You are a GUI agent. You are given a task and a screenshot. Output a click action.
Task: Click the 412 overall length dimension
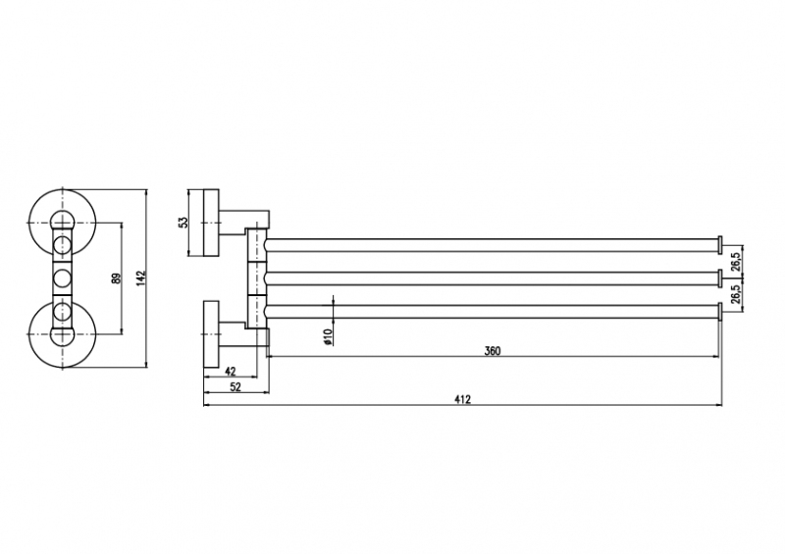pos(462,399)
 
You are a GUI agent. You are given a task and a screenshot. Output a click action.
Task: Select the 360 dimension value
pos(493,351)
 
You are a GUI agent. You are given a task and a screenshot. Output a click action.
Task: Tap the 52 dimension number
pos(235,386)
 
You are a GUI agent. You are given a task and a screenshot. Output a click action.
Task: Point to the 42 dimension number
pos(231,371)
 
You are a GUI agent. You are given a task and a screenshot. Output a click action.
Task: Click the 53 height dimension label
pos(183,223)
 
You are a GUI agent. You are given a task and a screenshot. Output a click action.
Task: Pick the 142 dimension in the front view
pos(140,278)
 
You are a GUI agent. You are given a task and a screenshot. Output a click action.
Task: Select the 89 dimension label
pos(116,278)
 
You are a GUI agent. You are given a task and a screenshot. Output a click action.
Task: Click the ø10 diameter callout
pos(328,337)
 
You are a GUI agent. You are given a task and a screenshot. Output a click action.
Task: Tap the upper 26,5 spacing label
pos(735,261)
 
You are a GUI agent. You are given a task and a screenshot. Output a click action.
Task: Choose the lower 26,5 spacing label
pos(735,294)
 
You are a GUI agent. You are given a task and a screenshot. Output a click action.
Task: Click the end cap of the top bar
pos(720,245)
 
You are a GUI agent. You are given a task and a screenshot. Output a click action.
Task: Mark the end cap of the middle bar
pos(720,278)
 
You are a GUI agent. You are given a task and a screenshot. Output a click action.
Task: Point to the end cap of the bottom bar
pos(720,311)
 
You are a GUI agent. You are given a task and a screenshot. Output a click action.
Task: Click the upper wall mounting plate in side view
pos(211,223)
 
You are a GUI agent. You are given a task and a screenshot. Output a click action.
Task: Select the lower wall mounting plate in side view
pos(211,333)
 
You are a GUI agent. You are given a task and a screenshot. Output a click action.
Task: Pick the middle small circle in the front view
pos(62,278)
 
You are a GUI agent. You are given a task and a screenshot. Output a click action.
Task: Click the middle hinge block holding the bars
pos(257,278)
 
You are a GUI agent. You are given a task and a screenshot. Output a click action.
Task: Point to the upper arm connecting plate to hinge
pos(244,220)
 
